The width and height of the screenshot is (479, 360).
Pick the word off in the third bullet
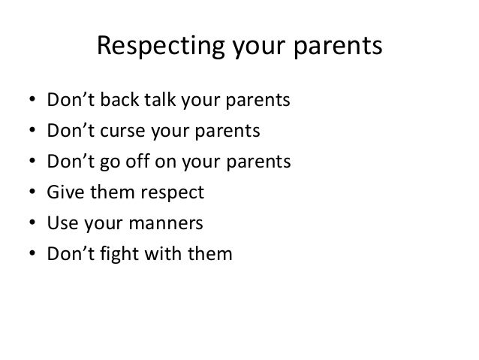(151, 162)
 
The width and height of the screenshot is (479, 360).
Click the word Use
(62, 224)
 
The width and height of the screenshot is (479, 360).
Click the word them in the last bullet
(212, 254)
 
